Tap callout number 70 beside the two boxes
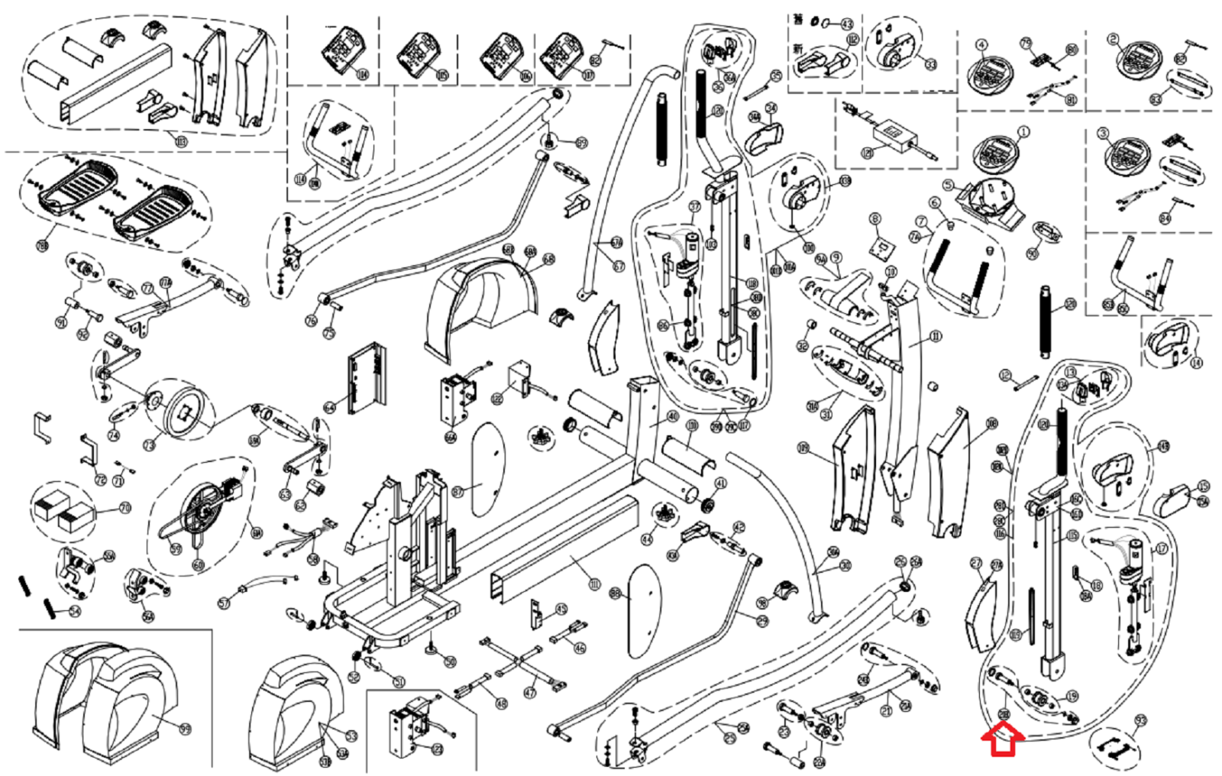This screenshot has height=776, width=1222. tap(124, 508)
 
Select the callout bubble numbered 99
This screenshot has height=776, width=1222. tap(184, 729)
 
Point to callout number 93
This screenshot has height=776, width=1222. tap(1140, 720)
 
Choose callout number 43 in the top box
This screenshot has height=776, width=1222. tap(846, 24)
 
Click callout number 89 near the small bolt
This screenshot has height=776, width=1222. tap(582, 143)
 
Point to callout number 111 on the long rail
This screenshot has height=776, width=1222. tap(594, 584)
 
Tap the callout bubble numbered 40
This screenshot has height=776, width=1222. tap(672, 416)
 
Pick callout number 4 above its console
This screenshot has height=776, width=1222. tap(981, 45)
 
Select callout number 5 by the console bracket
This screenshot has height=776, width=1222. tap(948, 185)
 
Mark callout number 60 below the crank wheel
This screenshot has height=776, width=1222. tap(199, 565)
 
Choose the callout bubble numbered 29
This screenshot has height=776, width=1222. tap(761, 622)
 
